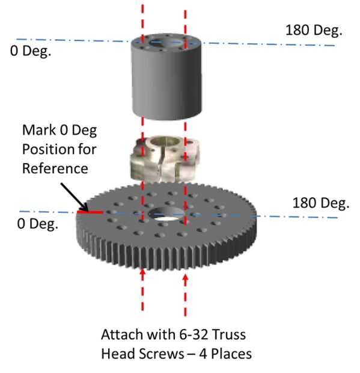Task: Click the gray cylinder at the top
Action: coord(166,76)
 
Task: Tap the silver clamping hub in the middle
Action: coord(164,158)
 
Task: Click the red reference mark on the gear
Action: coord(90,212)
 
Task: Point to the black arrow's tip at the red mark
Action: coord(87,211)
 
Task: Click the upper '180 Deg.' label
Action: coord(314,31)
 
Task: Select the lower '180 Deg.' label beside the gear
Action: coord(321,203)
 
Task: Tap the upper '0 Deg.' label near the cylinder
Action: coord(31,51)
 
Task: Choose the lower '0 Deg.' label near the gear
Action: coord(37,224)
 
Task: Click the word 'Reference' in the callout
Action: coord(55,168)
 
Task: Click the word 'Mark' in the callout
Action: coord(40,130)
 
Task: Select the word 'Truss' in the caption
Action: coord(228,334)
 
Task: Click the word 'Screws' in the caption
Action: coord(161,354)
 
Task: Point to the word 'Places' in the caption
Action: coord(231,354)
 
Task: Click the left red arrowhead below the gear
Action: coord(142,273)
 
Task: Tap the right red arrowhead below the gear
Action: coord(185,278)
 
